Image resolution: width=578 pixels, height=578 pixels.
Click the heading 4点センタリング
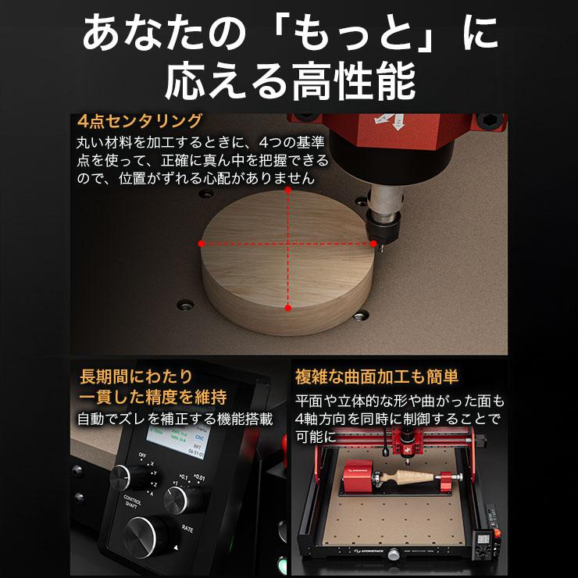click(x=140, y=122)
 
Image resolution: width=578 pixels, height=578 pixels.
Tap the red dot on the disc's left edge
click(x=202, y=244)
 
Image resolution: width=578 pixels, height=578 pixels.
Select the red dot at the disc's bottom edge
click(x=288, y=309)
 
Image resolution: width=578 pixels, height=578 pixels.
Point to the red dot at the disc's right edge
click(x=373, y=244)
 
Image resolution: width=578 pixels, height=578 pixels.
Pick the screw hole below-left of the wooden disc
click(x=187, y=301)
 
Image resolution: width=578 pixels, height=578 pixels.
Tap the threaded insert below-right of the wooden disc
click(x=360, y=315)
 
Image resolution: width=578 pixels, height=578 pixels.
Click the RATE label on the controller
click(x=187, y=529)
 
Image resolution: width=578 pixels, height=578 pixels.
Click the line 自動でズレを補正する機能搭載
click(x=175, y=419)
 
